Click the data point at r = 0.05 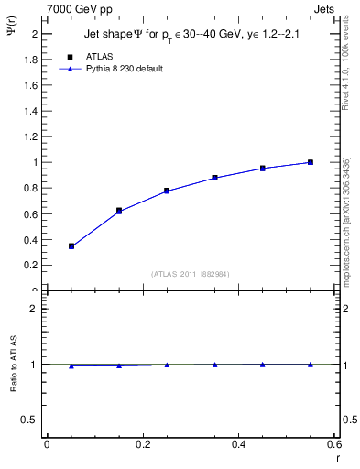click(71, 246)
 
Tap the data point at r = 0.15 click(119, 211)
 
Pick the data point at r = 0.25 click(167, 191)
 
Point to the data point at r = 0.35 click(214, 178)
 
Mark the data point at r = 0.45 click(262, 169)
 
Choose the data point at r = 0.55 click(311, 162)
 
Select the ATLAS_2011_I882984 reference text click(191, 274)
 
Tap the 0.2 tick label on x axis click(143, 444)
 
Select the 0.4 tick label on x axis click(238, 444)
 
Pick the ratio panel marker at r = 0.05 click(71, 365)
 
